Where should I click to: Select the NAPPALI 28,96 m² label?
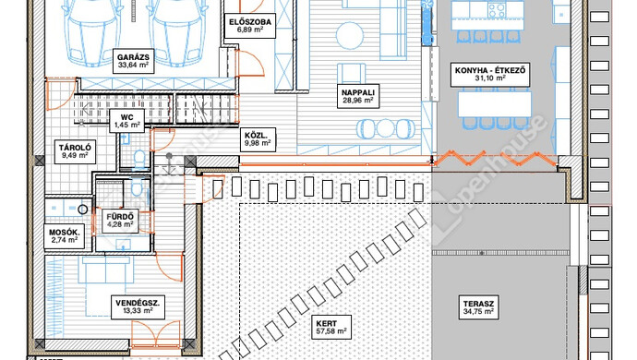[x=358, y=96]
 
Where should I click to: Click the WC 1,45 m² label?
[x=126, y=121]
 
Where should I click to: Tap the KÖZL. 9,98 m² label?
[x=258, y=139]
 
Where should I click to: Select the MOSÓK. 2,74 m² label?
[x=65, y=236]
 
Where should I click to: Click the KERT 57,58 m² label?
[x=331, y=328]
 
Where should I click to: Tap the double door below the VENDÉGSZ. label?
[x=156, y=333]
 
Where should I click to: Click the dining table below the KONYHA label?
[x=495, y=104]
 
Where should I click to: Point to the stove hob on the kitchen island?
[x=498, y=8]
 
